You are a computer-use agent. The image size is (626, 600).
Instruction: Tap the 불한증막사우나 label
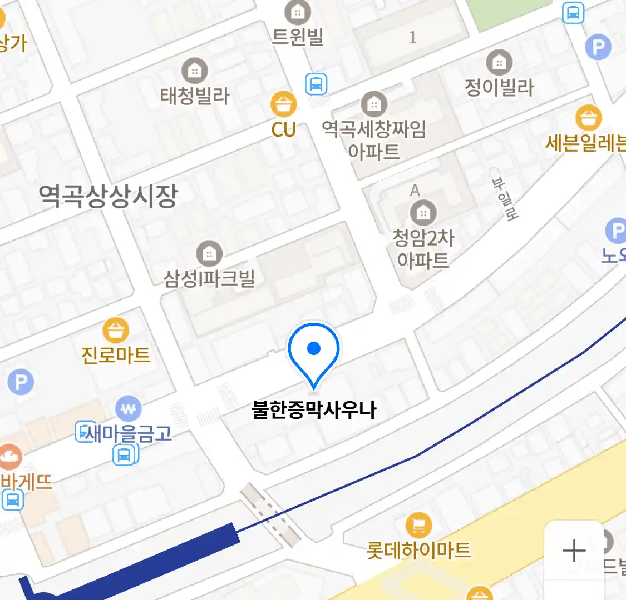314,410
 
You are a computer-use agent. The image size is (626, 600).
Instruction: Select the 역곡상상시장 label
108,196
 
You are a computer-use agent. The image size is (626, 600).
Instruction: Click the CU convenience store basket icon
284,104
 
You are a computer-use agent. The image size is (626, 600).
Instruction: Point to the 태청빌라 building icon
194,71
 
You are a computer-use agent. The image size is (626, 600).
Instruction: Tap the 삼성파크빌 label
209,278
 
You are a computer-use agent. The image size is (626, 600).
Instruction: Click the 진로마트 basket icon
116,331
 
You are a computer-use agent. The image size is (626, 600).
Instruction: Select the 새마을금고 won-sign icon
129,409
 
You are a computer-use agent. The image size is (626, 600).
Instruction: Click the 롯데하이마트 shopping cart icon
418,525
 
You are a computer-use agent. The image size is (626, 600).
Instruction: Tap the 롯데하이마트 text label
418,551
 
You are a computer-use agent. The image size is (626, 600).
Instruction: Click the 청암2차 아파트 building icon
423,213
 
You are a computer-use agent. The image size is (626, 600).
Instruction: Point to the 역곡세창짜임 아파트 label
374,139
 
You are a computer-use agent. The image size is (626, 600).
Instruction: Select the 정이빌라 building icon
499,63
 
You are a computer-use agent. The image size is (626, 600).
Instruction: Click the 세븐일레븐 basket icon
589,117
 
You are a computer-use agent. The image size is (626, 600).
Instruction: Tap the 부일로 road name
505,199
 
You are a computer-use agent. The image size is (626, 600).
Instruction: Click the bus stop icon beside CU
316,84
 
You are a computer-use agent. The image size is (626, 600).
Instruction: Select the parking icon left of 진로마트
21,382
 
